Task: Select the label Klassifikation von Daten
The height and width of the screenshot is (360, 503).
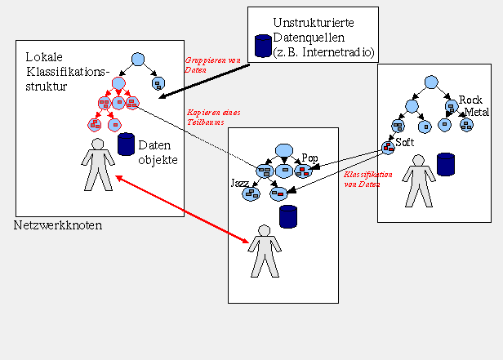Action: point(367,180)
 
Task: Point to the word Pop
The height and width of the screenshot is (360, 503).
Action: point(309,157)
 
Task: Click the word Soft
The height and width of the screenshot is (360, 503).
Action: point(405,143)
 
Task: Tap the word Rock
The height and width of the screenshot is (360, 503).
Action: point(471,99)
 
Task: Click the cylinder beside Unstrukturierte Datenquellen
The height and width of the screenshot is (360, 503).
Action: point(262,47)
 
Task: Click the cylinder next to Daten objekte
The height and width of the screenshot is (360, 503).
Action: point(127,144)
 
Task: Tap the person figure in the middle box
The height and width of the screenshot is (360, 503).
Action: point(263,251)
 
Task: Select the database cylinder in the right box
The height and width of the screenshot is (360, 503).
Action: point(445,164)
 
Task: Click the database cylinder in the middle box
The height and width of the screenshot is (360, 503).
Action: point(287,216)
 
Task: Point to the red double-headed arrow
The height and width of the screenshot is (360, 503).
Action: point(181,208)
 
